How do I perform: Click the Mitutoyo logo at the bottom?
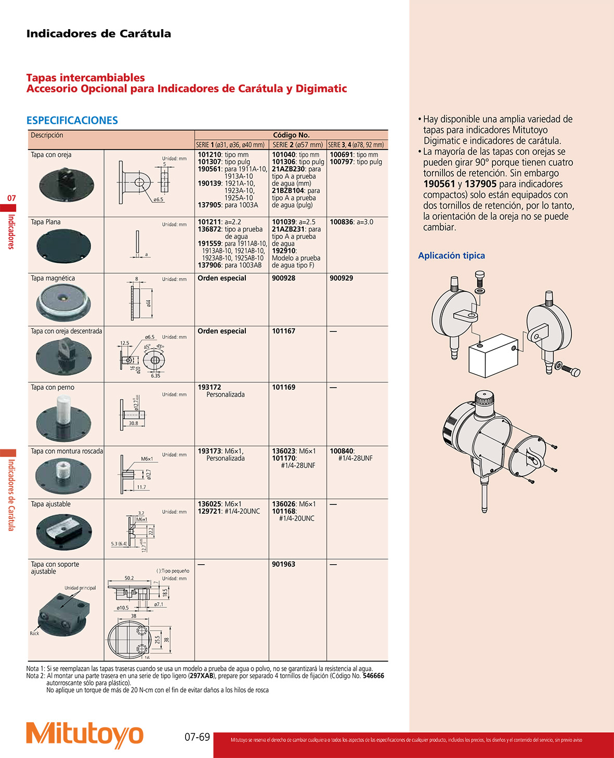coord(84,735)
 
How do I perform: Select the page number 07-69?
coord(197,737)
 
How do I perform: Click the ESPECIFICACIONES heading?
coord(72,121)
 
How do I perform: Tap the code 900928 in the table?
coord(283,278)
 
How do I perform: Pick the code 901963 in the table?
coord(283,564)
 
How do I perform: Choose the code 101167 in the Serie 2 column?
coord(283,331)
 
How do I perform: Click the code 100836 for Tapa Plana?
coord(341,222)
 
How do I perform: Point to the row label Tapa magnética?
coord(53,278)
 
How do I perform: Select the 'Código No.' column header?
coord(291,135)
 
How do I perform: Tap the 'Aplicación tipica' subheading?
coord(451,256)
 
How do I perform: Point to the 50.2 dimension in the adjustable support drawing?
coord(129,578)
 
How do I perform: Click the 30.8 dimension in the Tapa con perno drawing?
coord(133,423)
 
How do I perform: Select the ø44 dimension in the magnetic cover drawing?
coord(149,303)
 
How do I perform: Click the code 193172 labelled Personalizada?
coord(209,387)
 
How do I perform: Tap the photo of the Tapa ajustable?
coord(64,531)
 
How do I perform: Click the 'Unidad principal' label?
coord(80,588)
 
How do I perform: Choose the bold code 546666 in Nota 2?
coord(373,676)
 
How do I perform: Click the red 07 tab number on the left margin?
coord(11,198)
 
